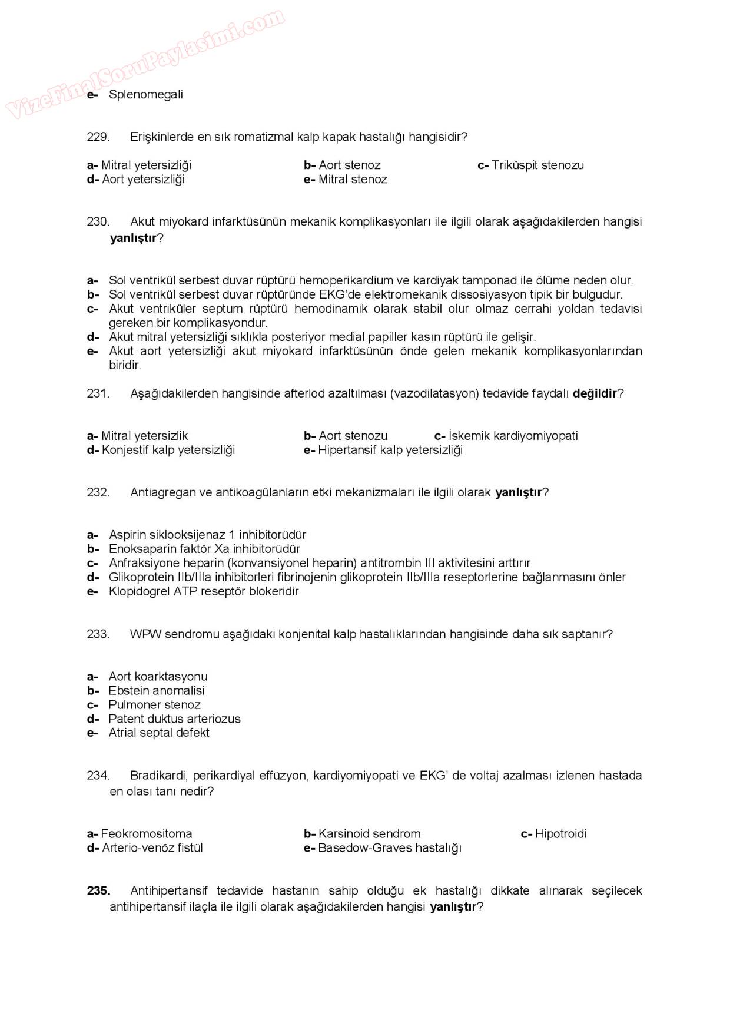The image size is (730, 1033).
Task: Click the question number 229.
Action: (x=98, y=137)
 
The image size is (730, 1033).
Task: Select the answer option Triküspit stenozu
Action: (x=537, y=165)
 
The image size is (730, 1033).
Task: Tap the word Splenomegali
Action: (x=145, y=95)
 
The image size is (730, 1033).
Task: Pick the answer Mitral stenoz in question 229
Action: (x=352, y=180)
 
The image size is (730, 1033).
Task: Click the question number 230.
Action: (x=98, y=222)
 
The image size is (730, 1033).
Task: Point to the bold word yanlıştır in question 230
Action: (x=134, y=239)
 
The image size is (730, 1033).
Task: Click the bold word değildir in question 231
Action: (x=595, y=393)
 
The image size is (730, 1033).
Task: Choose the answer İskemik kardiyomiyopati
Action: (x=513, y=436)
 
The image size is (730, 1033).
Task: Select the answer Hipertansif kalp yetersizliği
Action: (x=390, y=451)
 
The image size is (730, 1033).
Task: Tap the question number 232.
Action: (x=98, y=493)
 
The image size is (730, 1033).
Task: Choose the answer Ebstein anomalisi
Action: (x=157, y=691)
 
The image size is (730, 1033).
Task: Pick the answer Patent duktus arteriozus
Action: (x=174, y=719)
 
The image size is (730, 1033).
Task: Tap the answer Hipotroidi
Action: (x=560, y=834)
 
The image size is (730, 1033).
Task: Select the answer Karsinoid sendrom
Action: (x=369, y=834)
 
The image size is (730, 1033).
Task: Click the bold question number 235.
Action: (x=98, y=891)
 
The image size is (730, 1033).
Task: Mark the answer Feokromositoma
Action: (x=146, y=834)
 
